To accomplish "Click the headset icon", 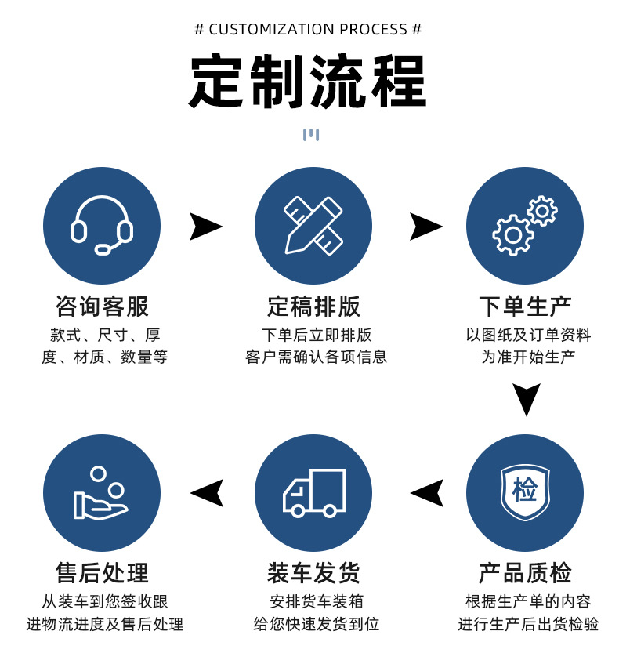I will click(102, 226).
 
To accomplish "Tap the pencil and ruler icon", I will click(313, 226).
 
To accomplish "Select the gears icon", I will click(524, 226).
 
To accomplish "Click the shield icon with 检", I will click(524, 492).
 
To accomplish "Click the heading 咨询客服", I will click(102, 306).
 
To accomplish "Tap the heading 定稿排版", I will click(313, 306).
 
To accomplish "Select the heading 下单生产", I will click(525, 306).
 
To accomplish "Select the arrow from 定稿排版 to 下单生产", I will click(425, 227).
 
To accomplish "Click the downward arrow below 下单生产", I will click(527, 399).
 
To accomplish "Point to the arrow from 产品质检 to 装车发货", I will click(427, 493).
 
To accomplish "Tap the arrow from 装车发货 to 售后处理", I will click(207, 493).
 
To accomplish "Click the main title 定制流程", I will click(308, 82).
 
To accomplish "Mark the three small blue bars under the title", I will click(310, 134).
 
